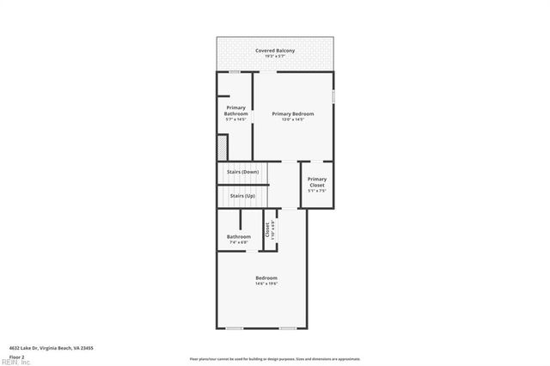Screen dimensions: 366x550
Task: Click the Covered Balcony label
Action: [x=275, y=51]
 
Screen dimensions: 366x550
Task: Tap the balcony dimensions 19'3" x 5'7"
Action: [x=275, y=57]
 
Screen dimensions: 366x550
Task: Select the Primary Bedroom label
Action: [x=293, y=113]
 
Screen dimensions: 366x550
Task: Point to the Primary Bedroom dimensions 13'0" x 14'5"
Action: [x=293, y=119]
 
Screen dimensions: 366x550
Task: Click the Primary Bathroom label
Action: [x=235, y=111]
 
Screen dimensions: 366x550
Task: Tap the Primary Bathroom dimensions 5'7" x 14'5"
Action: [x=235, y=119]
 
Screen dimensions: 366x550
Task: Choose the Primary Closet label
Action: [x=317, y=182]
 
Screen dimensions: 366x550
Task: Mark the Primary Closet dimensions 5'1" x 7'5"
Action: [x=317, y=191]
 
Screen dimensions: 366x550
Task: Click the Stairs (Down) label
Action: [x=242, y=172]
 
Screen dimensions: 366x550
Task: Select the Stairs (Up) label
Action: [x=241, y=196]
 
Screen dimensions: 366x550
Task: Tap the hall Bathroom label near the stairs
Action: [x=239, y=236]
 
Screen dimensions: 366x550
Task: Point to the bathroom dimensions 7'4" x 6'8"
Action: [x=239, y=242]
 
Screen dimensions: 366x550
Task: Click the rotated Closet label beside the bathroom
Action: [x=267, y=229]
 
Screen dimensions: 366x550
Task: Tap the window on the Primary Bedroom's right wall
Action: [x=333, y=95]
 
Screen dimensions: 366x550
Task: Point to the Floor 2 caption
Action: [x=16, y=356]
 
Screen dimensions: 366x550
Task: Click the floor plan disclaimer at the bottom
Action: [x=275, y=359]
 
